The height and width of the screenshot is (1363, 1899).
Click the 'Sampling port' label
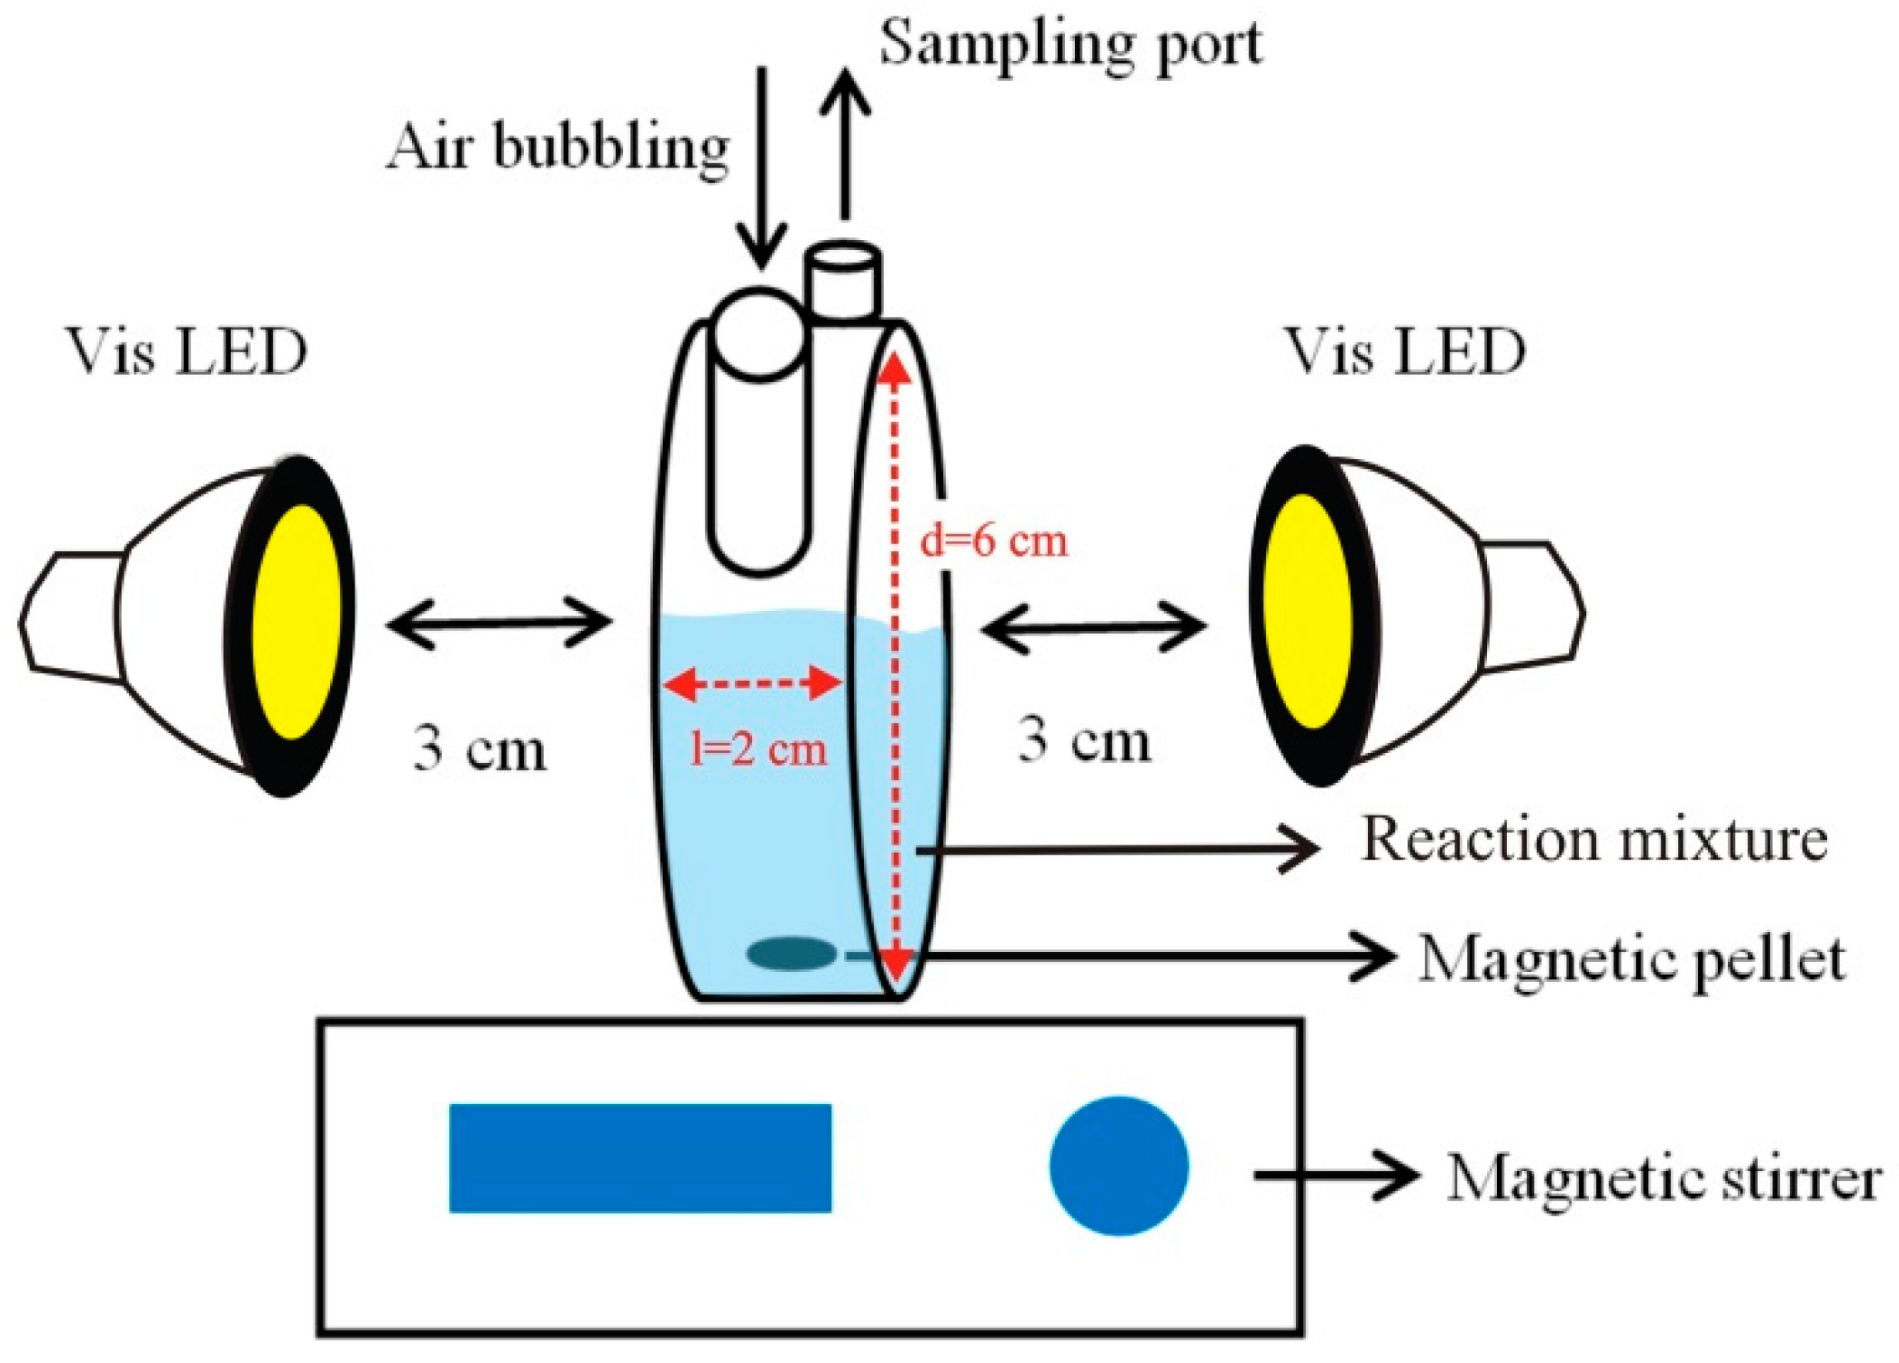[1070, 44]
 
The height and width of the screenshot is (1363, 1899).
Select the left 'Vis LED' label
[186, 353]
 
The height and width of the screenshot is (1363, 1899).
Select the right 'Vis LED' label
[1404, 353]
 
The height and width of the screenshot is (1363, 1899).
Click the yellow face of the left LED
[296, 622]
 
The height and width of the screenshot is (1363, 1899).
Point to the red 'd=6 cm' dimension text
[993, 541]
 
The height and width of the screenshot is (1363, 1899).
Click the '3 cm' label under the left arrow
[479, 748]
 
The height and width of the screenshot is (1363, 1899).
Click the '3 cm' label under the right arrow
[1083, 740]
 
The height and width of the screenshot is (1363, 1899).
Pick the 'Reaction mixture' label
[1593, 838]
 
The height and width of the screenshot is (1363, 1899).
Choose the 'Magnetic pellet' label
[1632, 960]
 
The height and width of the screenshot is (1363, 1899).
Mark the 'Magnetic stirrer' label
[1663, 1178]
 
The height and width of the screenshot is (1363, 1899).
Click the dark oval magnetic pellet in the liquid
[791, 954]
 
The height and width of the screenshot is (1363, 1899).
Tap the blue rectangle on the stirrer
[640, 1158]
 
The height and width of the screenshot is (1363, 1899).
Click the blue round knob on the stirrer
[1119, 1165]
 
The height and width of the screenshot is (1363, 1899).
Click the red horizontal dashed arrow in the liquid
[751, 683]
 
